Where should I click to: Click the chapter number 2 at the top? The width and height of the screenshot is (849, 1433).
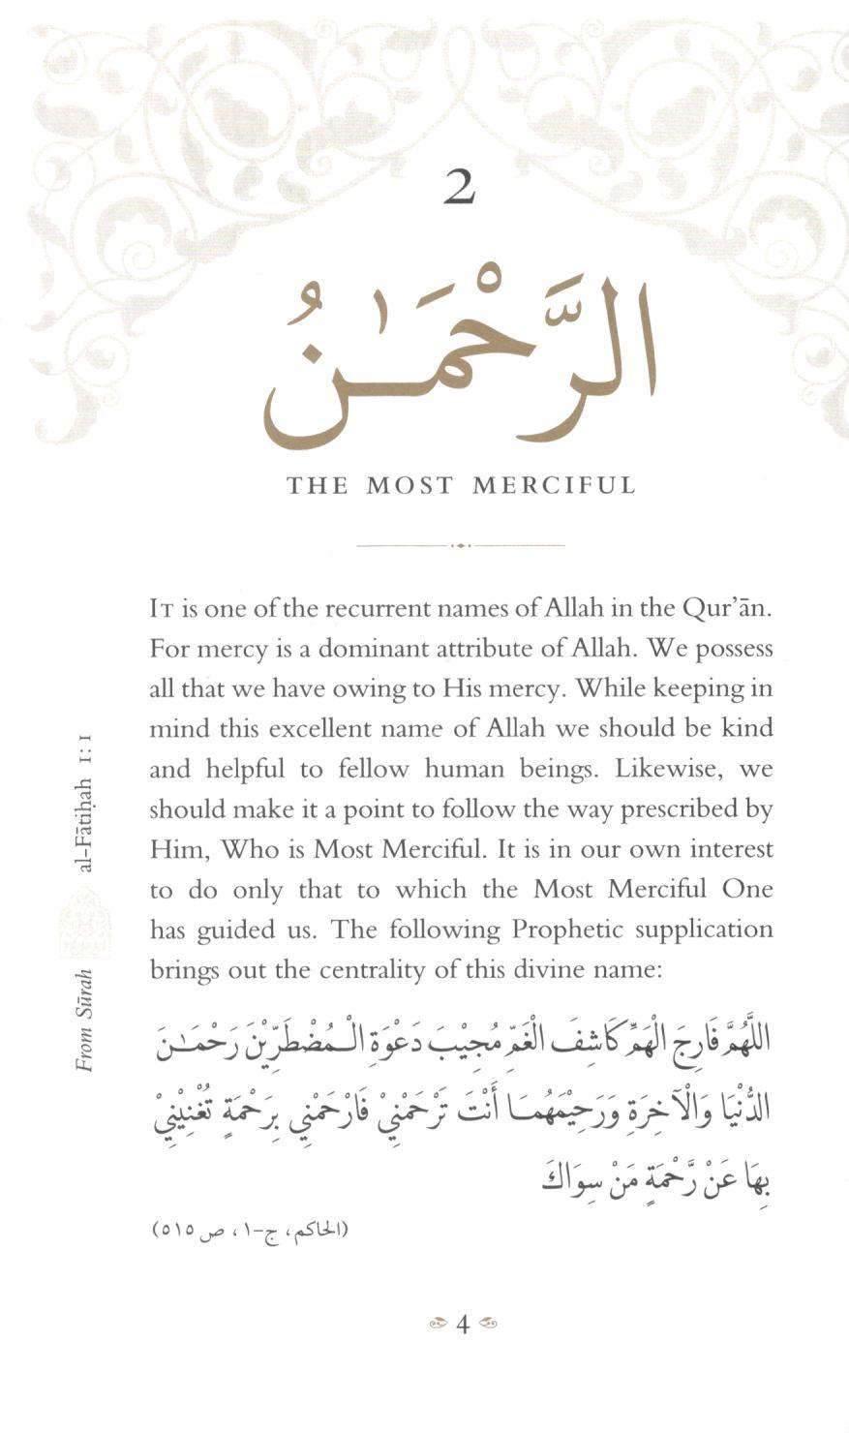click(x=460, y=187)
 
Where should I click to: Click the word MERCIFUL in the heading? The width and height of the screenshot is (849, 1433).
click(x=554, y=485)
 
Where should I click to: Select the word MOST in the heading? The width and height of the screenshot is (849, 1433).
click(x=409, y=485)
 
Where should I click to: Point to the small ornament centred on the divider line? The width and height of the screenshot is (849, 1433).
click(x=461, y=545)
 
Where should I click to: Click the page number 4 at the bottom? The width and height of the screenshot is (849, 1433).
click(x=462, y=1324)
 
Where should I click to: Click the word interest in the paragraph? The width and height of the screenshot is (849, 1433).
click(x=727, y=850)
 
